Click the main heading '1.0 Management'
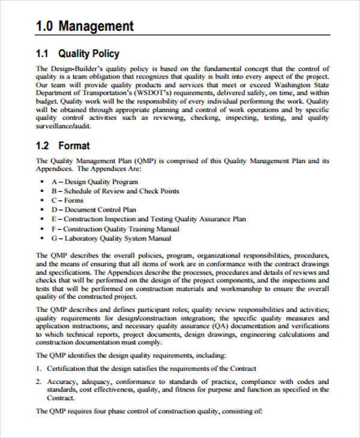point(85,26)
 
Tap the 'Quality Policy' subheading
point(89,53)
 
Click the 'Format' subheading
point(74,146)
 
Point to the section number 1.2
point(43,146)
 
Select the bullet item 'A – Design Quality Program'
point(95,181)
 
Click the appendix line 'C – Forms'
point(67,200)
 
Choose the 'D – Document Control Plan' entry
point(94,210)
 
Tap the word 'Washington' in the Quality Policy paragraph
point(290,85)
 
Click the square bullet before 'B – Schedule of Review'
point(42,191)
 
